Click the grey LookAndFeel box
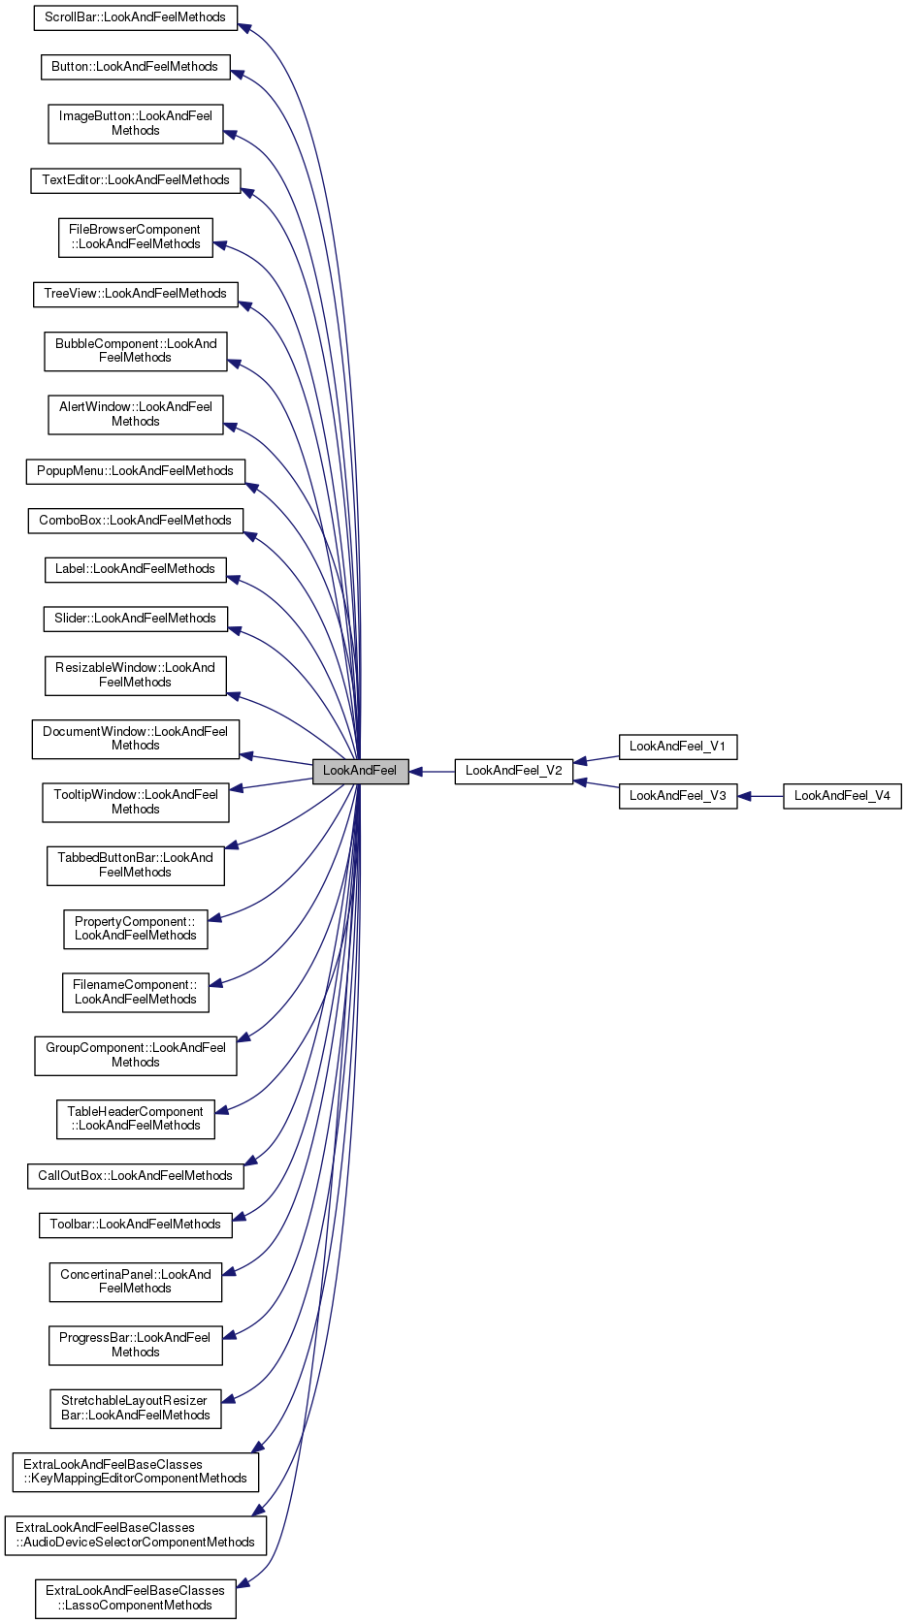coord(360,771)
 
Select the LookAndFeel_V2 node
coord(513,771)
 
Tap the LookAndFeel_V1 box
coord(677,747)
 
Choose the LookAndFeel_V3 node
coord(677,796)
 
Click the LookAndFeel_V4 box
coord(842,796)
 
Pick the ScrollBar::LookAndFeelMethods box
coord(135,17)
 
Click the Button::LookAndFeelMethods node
coord(135,67)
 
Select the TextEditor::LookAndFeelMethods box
coord(135,180)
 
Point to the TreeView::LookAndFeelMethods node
coord(135,294)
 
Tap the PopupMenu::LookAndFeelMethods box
coord(135,471)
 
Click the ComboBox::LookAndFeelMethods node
coord(135,521)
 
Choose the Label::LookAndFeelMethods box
coord(135,569)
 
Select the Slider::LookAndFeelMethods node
coord(135,619)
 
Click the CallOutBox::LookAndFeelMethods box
coord(135,1176)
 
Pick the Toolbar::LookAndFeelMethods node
coord(135,1225)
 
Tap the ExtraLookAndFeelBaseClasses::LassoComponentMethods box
coord(135,1598)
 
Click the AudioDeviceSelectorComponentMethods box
coord(135,1535)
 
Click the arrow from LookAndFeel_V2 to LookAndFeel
coord(432,772)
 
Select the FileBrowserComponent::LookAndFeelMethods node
coord(135,238)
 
